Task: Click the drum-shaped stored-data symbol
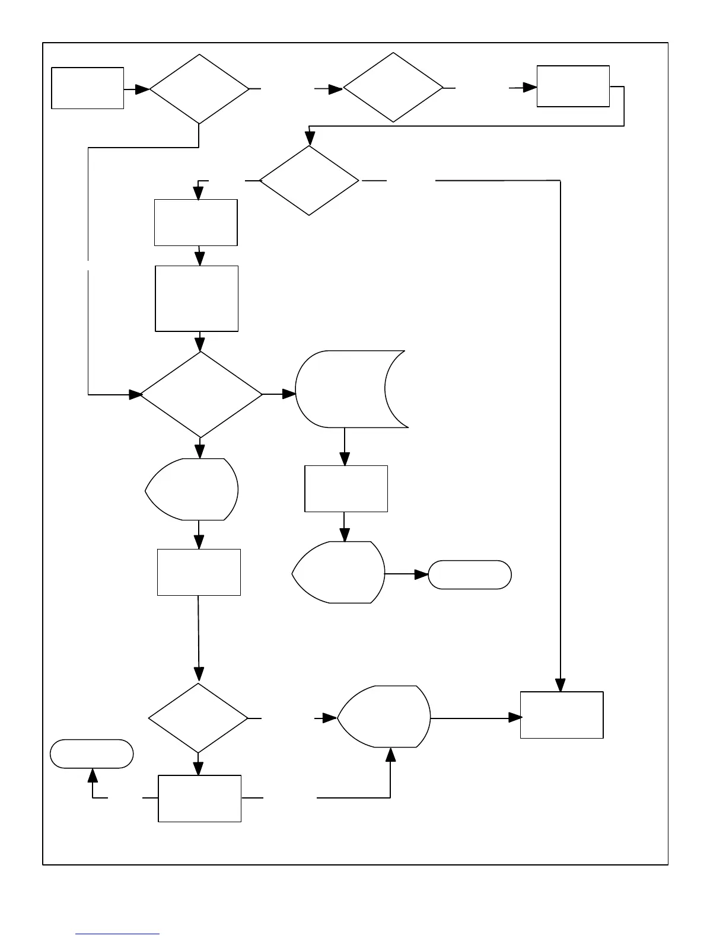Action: click(350, 389)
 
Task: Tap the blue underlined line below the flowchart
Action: click(117, 934)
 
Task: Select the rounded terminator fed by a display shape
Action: click(470, 574)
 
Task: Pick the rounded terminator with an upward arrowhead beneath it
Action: click(92, 753)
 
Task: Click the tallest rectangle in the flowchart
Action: click(197, 298)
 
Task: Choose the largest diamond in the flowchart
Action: click(200, 395)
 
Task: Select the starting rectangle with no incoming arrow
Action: click(88, 88)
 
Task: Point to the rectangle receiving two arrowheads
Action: click(562, 715)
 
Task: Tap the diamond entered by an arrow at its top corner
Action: click(309, 180)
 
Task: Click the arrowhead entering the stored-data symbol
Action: click(289, 394)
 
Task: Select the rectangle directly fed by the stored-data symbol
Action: click(346, 488)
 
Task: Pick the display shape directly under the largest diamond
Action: click(193, 489)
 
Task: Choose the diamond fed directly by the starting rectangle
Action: click(199, 90)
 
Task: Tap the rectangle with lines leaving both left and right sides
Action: click(200, 798)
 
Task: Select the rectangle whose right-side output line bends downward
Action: click(573, 87)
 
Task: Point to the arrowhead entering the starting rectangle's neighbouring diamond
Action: click(142, 90)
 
